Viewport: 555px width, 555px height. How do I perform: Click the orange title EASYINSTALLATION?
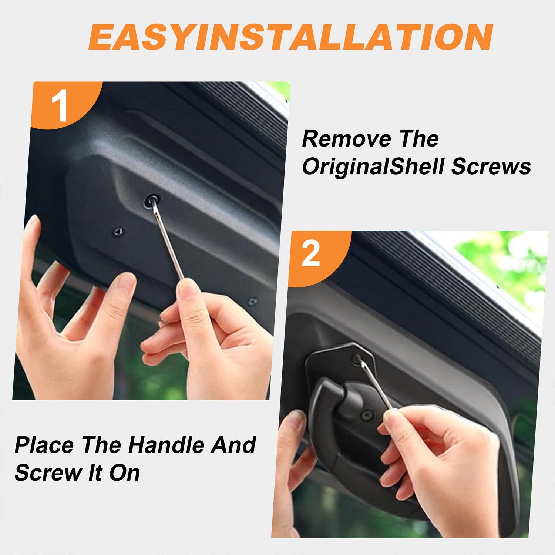(290, 37)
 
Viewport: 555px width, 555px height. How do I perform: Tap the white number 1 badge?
(59, 105)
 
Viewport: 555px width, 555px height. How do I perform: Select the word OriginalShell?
(373, 166)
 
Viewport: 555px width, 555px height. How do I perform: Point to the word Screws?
(491, 166)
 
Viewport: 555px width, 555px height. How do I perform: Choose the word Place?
(44, 445)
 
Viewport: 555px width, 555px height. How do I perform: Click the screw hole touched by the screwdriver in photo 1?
(152, 201)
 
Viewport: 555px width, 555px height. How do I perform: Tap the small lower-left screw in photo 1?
(118, 231)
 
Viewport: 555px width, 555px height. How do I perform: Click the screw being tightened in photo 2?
(357, 359)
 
